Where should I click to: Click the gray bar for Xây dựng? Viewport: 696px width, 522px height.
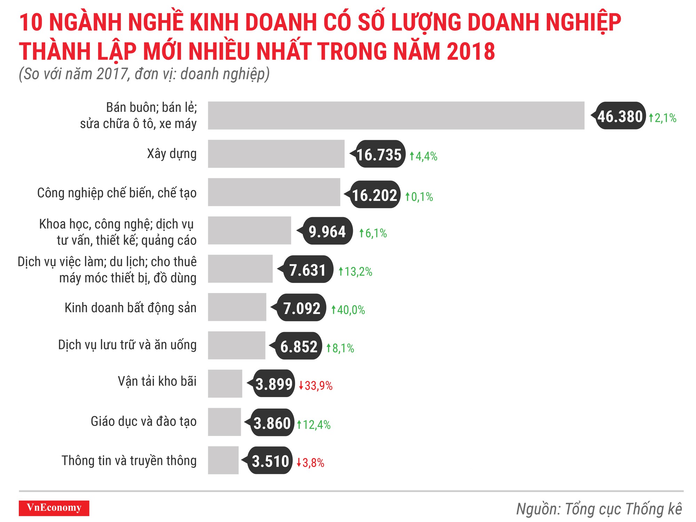coord(276,154)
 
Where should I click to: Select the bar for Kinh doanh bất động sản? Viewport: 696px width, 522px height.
coord(237,307)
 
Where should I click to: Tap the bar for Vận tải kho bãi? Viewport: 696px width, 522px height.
coord(225,383)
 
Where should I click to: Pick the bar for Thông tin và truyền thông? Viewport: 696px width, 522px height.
coord(223,460)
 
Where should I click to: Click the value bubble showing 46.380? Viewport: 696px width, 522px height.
coord(620,116)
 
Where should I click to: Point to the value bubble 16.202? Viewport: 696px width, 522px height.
coord(374,195)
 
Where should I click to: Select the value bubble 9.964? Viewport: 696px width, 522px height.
coord(327,231)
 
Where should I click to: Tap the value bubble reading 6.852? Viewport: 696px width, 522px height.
coord(299,346)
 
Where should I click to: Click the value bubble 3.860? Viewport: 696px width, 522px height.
coord(272,423)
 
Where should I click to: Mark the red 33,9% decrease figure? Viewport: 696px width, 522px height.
coord(316,386)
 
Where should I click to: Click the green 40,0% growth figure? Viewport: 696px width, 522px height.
coord(348,310)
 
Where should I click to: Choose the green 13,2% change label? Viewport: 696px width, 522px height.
coord(356,271)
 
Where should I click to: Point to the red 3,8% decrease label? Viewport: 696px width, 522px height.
coord(310,463)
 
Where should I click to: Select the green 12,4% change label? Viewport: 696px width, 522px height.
coord(314,425)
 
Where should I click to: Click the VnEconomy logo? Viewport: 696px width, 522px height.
coord(54,508)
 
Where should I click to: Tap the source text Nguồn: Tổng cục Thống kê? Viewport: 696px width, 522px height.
coord(599,509)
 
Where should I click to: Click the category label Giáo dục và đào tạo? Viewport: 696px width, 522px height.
coord(143,421)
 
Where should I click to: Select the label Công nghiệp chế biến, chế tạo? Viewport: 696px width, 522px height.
coord(117,193)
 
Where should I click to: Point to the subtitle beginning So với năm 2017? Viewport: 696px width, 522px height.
coord(144,74)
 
